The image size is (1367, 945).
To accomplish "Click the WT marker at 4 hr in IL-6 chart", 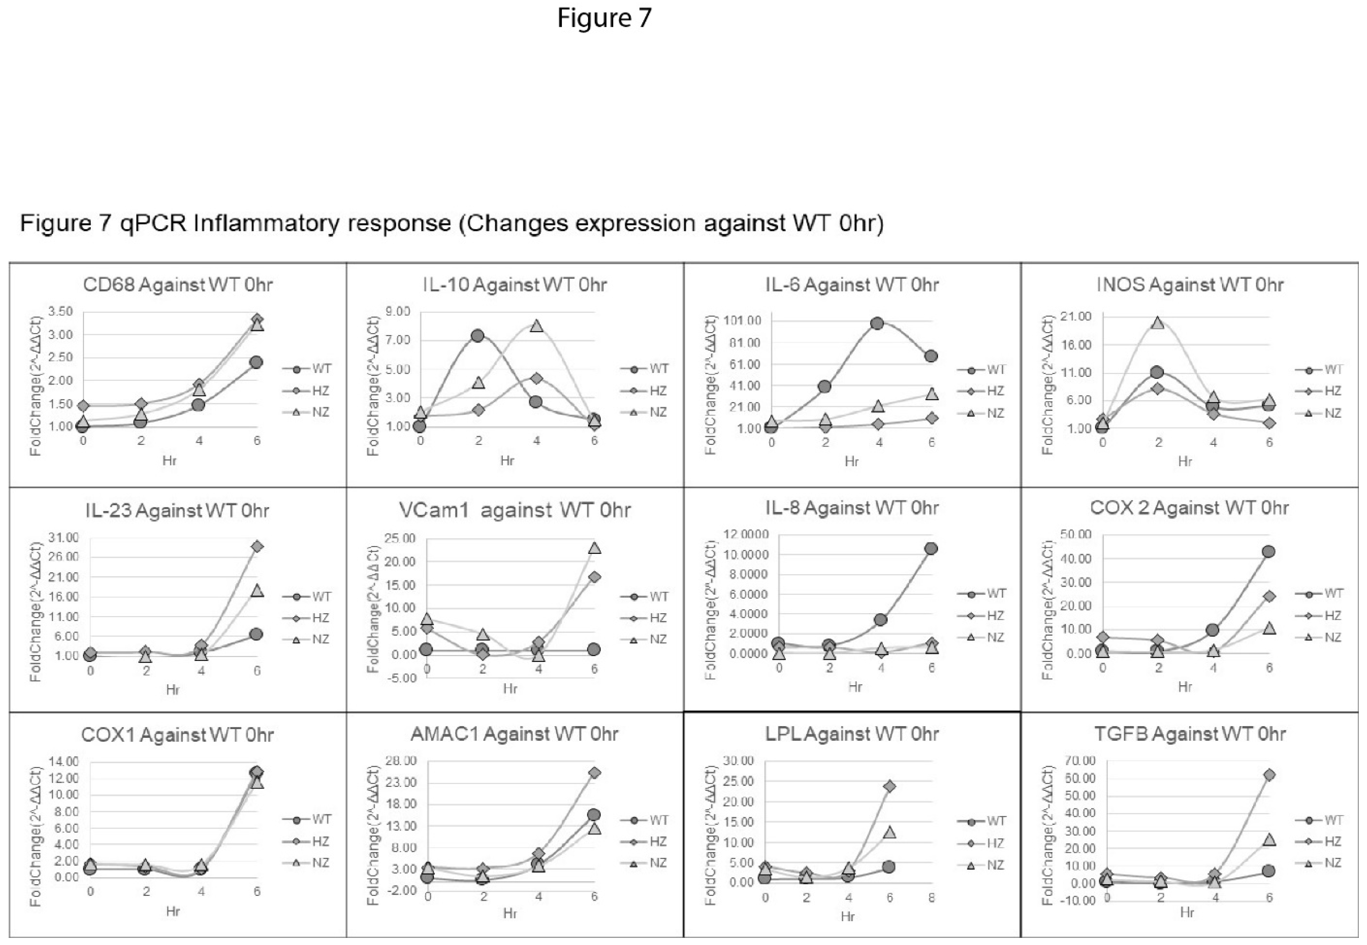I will point(877,323).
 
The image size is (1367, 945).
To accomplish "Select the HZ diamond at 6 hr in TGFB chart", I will point(1269,775).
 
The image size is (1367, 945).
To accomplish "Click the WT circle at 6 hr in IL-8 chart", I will point(931,549).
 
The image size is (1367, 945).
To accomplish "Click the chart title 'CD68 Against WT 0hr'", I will point(178,285).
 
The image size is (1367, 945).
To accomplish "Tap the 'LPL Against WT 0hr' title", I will point(851,734).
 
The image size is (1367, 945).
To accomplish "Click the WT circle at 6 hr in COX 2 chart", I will point(1268,552).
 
